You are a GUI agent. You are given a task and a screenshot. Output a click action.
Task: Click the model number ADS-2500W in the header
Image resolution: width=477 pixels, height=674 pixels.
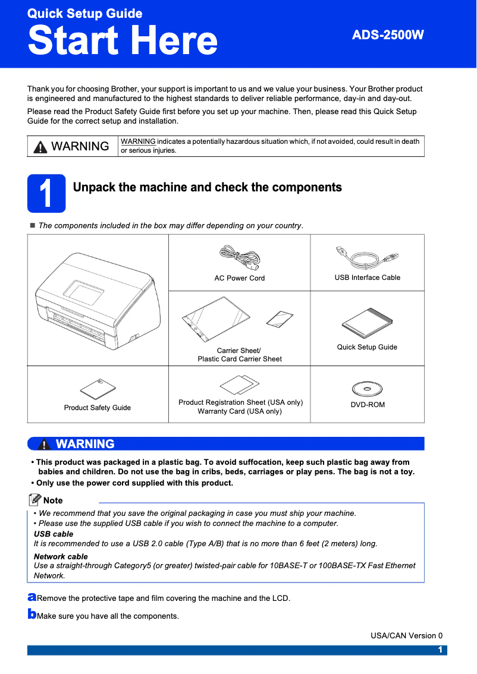pyautogui.click(x=388, y=35)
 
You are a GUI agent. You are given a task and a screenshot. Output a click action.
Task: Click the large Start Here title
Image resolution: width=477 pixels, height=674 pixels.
pyautogui.click(x=123, y=40)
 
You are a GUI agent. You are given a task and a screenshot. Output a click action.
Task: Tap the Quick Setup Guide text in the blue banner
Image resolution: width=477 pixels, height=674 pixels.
pyautogui.click(x=84, y=13)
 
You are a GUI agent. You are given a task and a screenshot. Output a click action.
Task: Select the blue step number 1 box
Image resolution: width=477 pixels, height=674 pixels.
pyautogui.click(x=46, y=194)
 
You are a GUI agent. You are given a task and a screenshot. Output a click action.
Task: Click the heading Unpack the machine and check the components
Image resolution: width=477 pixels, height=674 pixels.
pyautogui.click(x=207, y=188)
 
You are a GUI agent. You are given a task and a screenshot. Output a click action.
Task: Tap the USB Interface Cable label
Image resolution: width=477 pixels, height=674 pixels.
pyautogui.click(x=367, y=278)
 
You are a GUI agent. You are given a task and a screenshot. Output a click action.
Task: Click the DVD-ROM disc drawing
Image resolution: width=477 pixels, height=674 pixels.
pyautogui.click(x=367, y=389)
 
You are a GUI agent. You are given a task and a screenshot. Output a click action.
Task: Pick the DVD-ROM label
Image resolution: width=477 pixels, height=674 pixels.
pyautogui.click(x=367, y=405)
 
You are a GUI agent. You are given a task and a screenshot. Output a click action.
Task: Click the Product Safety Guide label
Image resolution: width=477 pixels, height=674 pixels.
pyautogui.click(x=98, y=408)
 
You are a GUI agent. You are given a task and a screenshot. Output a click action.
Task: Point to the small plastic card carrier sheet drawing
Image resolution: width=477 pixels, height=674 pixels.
pyautogui.click(x=279, y=319)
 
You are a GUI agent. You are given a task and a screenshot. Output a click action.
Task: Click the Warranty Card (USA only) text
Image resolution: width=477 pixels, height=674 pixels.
pyautogui.click(x=240, y=411)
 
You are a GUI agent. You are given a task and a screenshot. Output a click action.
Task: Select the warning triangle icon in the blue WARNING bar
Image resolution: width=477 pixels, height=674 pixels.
pyautogui.click(x=43, y=445)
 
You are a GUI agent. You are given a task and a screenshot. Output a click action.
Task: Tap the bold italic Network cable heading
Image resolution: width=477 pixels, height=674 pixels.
pyautogui.click(x=61, y=557)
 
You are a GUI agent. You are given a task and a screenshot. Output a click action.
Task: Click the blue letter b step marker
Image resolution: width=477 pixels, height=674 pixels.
pyautogui.click(x=32, y=613)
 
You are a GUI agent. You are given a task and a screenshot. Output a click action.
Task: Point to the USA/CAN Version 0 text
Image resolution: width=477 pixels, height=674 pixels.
pyautogui.click(x=406, y=635)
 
